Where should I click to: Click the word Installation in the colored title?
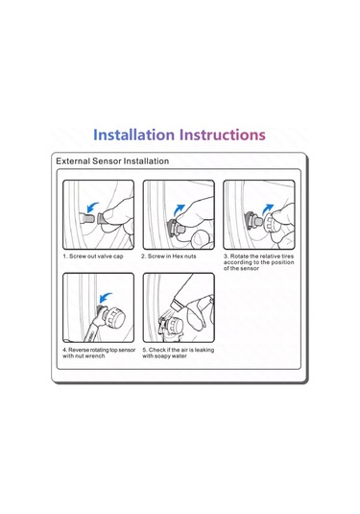(134, 135)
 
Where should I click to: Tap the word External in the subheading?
(73, 161)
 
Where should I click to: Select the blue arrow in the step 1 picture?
(93, 208)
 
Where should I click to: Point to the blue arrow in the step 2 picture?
(179, 209)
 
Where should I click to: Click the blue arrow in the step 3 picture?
(268, 209)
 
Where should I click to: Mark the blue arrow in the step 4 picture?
(106, 298)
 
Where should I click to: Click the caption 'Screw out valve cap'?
(96, 256)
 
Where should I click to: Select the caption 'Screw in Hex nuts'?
(172, 256)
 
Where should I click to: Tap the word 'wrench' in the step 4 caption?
(95, 356)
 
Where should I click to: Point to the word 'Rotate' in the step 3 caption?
(239, 256)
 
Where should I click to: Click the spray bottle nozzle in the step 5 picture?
(176, 304)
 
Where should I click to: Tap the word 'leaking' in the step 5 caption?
(204, 350)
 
